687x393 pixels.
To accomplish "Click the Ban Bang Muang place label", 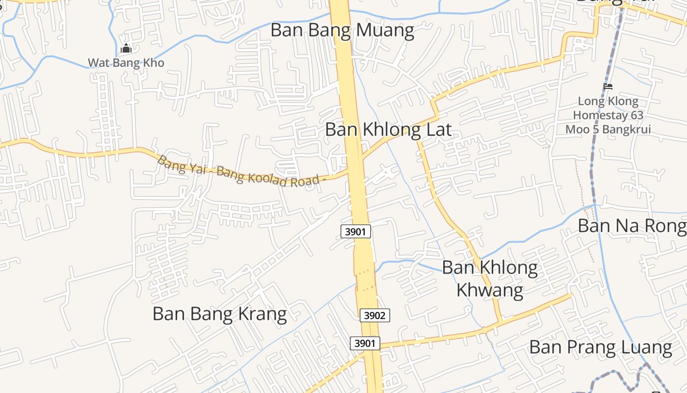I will (x=342, y=30).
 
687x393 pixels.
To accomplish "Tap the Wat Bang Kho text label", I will (x=126, y=63).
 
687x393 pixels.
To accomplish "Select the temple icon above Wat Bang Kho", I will (x=126, y=49).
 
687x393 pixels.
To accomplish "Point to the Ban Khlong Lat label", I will (x=388, y=130).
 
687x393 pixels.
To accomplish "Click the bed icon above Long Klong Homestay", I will (x=608, y=86).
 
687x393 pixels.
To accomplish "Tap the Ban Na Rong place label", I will (x=632, y=225).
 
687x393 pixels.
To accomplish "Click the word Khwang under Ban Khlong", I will (x=489, y=290).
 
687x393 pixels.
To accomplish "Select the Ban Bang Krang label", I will (x=219, y=313).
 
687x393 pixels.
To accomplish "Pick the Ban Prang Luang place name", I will (x=600, y=347).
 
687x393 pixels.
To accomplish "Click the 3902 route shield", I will (x=375, y=315).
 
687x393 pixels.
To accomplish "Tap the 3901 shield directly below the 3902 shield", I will (x=365, y=343).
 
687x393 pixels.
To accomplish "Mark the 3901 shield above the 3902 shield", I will (x=355, y=231).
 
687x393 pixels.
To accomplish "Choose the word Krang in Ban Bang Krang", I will (x=263, y=313).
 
